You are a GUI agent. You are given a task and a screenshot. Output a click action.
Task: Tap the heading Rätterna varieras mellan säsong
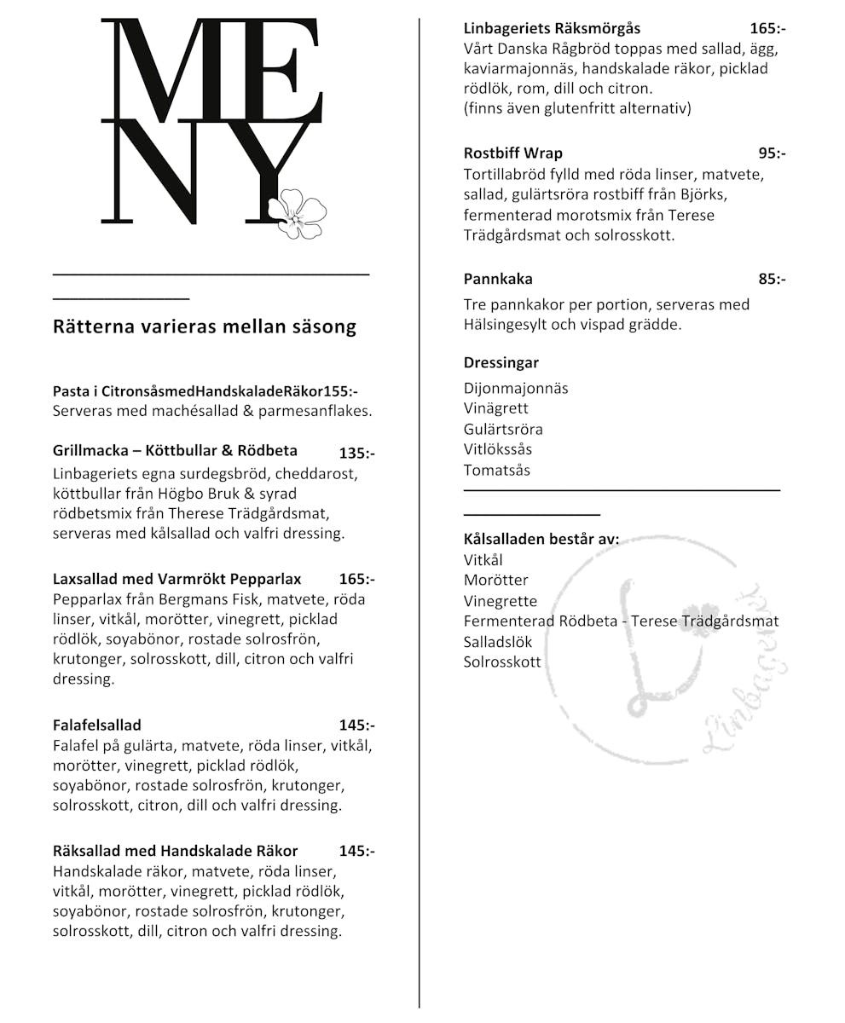coord(205,327)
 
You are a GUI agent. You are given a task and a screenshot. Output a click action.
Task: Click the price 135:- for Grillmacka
coord(356,454)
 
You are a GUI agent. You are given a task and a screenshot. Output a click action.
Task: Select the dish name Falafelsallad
coord(97,725)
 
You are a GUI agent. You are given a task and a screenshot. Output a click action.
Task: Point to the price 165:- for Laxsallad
coord(356,580)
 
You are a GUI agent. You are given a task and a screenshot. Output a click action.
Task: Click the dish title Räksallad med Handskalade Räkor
coord(176,851)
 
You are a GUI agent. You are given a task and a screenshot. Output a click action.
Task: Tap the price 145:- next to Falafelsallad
coord(356,725)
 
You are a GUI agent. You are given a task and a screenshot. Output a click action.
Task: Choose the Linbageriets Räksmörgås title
coord(552,28)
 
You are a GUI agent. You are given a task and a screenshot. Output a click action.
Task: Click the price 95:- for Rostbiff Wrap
coord(771,153)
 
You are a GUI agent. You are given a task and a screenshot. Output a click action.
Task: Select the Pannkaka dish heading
coord(498,279)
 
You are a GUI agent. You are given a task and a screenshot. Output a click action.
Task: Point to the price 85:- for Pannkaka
coord(771,279)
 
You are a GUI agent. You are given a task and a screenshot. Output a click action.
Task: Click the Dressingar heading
coord(501,363)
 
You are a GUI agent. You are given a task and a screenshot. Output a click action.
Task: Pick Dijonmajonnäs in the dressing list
coord(516,389)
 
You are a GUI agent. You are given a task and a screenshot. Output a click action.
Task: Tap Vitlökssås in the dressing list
coord(498,449)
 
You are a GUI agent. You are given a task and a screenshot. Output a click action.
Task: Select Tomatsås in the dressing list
coord(497,470)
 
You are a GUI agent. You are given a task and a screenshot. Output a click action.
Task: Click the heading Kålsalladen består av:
coord(541,540)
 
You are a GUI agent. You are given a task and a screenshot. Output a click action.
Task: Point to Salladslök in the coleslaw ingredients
coord(498,642)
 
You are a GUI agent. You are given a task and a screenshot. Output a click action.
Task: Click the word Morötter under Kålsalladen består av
coord(496,580)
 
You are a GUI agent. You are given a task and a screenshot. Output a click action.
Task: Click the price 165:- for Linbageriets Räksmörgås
coord(767,28)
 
